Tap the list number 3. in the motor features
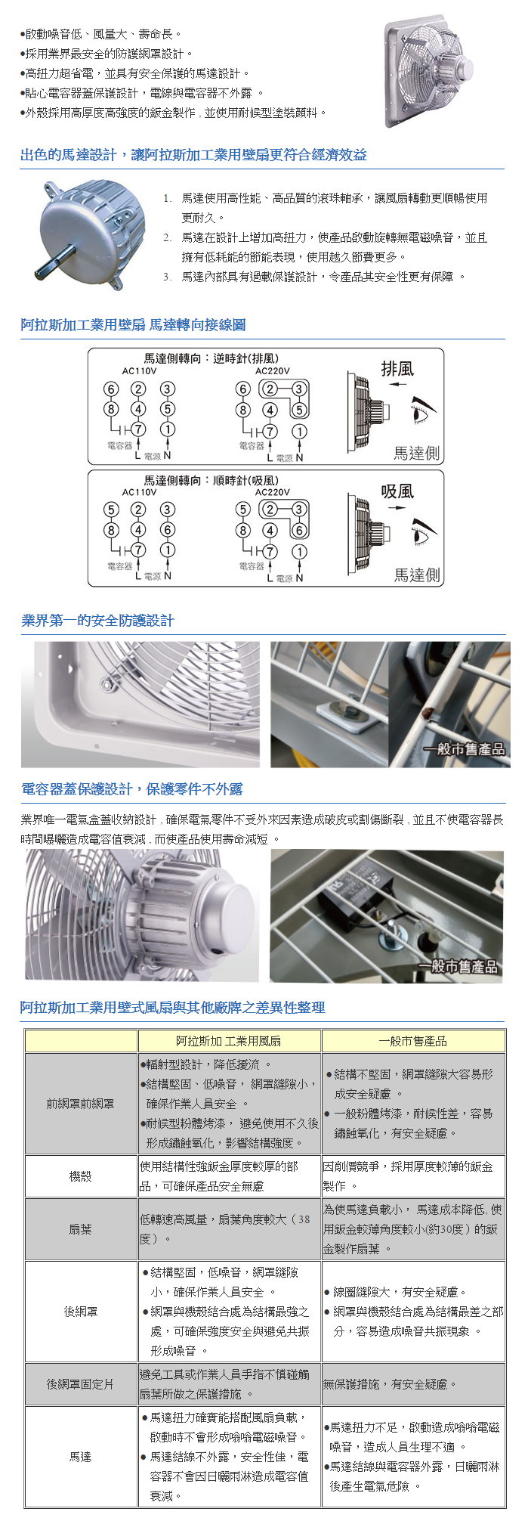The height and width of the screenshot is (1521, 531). (x=167, y=277)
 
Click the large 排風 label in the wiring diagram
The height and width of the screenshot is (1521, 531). (x=397, y=369)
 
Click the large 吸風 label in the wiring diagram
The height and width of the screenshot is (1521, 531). (x=397, y=491)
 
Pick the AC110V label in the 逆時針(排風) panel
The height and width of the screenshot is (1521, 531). (x=139, y=371)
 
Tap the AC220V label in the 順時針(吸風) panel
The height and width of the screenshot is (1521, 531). (x=272, y=492)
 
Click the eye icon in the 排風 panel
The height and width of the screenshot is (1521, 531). (x=424, y=411)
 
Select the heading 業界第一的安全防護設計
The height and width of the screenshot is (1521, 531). (x=98, y=621)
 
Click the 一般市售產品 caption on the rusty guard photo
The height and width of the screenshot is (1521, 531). (x=464, y=749)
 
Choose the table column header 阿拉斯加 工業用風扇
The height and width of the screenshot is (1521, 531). (x=229, y=1041)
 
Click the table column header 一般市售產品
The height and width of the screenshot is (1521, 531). (x=412, y=1041)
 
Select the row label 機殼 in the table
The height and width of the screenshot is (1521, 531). (x=81, y=1176)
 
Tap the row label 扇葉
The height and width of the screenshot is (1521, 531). (x=81, y=1229)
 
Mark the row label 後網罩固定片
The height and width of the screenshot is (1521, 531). (x=81, y=1384)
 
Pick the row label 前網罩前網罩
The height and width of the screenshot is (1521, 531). (x=81, y=1104)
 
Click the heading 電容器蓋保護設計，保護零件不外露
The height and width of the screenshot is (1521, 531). (x=132, y=789)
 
